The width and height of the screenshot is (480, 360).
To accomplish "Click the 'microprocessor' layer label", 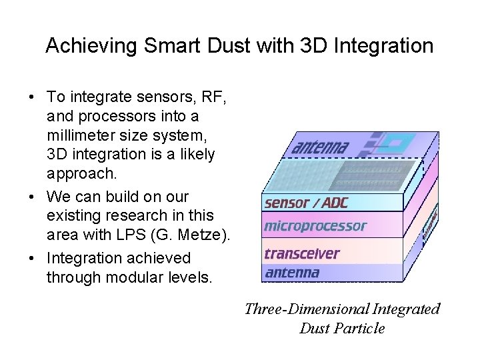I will tap(315, 226).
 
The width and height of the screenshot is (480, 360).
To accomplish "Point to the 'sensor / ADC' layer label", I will tap(305, 203).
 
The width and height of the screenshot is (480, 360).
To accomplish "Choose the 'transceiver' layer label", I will tap(301, 253).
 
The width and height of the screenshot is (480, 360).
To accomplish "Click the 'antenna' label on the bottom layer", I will tap(292, 272).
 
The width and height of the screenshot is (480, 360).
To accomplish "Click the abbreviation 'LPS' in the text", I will tap(123, 233).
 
